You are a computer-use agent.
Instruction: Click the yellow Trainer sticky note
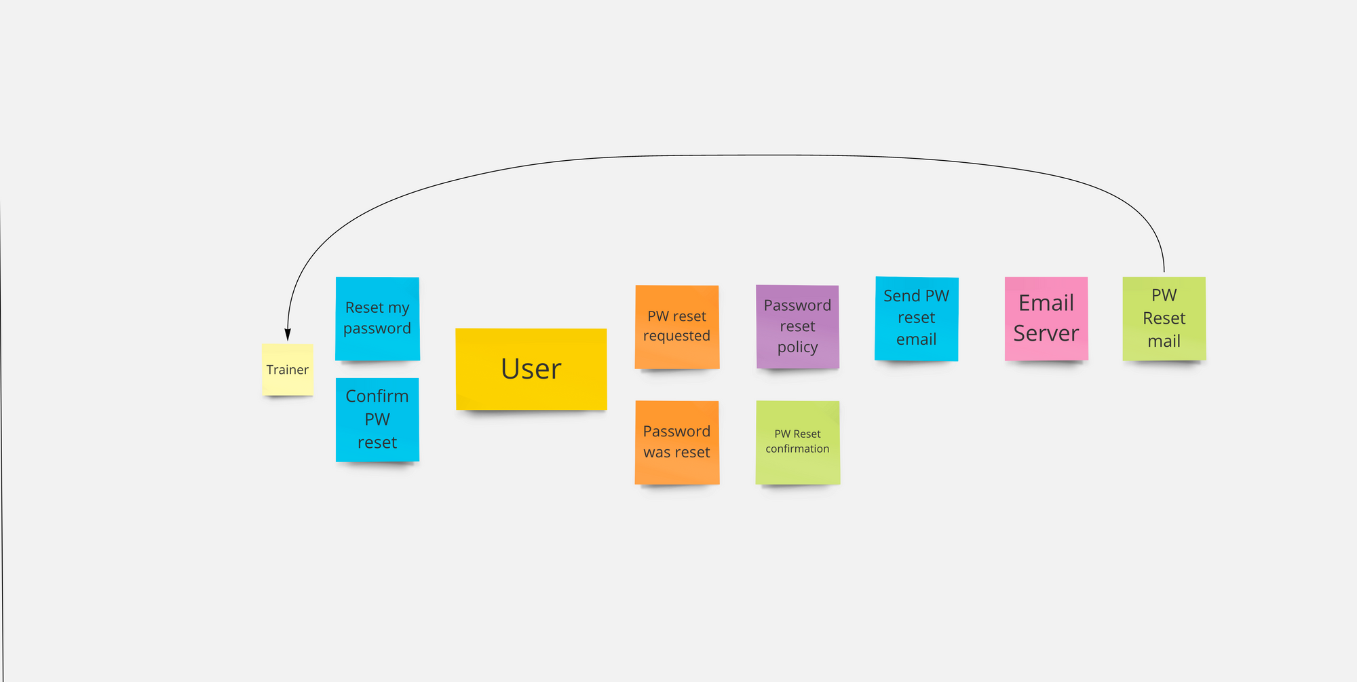[x=288, y=369]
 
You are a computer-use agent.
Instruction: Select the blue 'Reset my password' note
[x=377, y=318]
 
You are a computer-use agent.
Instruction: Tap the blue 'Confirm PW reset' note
[x=377, y=419]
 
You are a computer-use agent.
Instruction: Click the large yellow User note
[x=531, y=369]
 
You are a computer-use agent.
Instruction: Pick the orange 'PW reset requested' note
[x=677, y=326]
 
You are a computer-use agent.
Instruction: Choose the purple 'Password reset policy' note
[x=798, y=326]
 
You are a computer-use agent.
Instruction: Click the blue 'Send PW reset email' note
[x=917, y=318]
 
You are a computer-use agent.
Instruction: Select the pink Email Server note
[x=1046, y=318]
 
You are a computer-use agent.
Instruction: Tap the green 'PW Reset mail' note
[x=1164, y=318]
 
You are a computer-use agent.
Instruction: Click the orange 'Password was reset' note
[x=677, y=442]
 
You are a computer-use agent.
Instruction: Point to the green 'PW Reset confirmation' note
[x=798, y=442]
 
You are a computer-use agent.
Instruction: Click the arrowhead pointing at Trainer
[x=288, y=335]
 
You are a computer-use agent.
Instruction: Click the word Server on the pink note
[x=1046, y=333]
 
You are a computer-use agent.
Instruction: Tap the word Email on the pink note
[x=1046, y=303]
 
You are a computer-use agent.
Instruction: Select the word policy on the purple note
[x=798, y=347]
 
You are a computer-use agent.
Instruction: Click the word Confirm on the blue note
[x=377, y=396]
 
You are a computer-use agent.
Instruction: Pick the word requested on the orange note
[x=676, y=336]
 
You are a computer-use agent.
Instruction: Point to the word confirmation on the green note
[x=797, y=449]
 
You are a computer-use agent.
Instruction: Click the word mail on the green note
[x=1164, y=341]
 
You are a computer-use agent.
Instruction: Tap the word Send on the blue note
[x=902, y=296]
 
